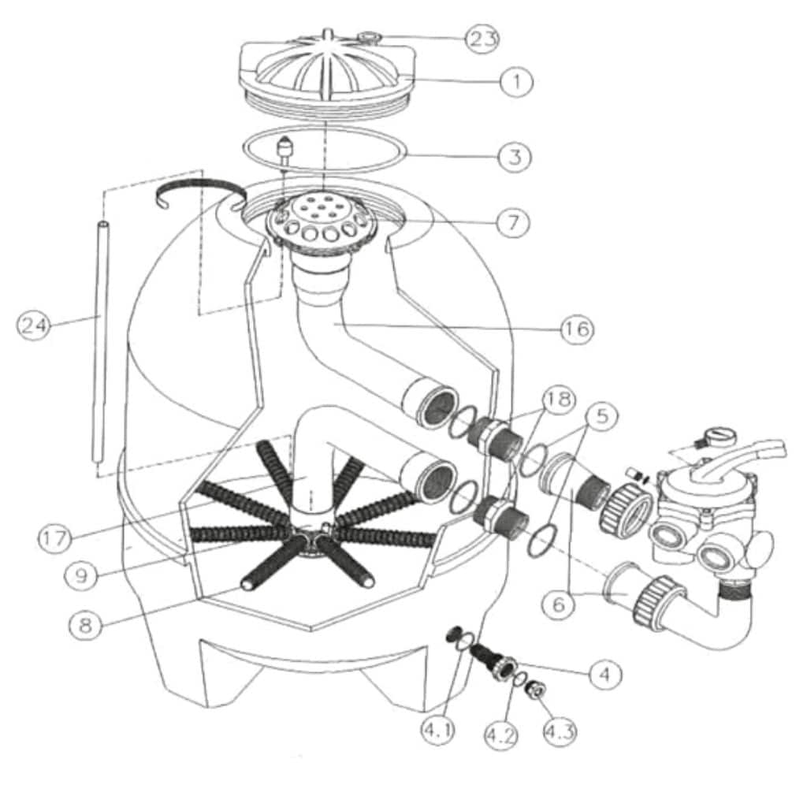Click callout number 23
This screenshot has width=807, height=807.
[482, 39]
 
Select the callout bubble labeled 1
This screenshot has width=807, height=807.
[516, 81]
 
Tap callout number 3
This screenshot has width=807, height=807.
[515, 157]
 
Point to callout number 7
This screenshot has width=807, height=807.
[512, 222]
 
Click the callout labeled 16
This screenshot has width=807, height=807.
[576, 329]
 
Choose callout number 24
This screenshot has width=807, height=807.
[34, 325]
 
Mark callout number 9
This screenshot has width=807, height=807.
[81, 575]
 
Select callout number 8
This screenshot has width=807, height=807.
[85, 625]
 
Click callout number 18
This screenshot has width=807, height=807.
[559, 399]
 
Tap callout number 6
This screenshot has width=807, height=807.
[560, 604]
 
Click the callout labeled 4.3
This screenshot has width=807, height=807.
[560, 731]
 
